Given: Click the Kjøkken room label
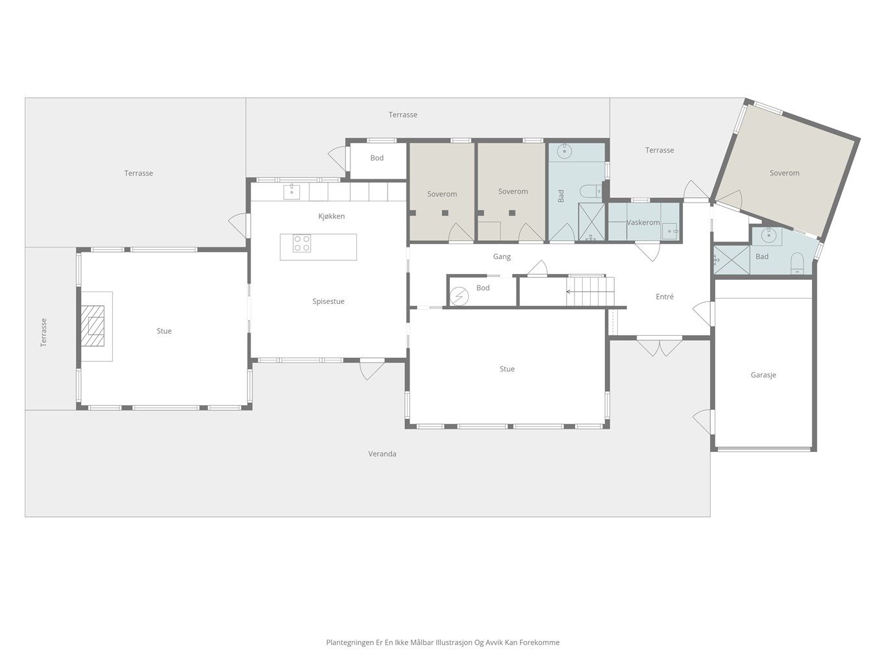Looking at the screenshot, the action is [332, 216].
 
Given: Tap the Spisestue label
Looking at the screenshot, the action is [328, 301].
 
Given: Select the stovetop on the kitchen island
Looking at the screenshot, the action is [302, 243].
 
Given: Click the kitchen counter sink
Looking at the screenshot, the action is [291, 192].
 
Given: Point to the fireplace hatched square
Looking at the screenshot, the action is [92, 326].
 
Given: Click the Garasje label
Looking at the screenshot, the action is [763, 375].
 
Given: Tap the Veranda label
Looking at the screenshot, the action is [382, 454].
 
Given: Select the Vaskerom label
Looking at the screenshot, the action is [643, 223].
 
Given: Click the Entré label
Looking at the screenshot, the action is [665, 297].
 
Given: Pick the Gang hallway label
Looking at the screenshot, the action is [502, 257].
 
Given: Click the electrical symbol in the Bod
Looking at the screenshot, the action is [459, 297].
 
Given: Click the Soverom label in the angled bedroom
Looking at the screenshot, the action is [784, 173].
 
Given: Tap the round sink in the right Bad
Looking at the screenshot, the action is [769, 234].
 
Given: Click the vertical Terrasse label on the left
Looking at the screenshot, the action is [43, 332].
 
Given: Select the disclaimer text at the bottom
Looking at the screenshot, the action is [443, 642].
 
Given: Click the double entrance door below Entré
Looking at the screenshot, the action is [659, 347].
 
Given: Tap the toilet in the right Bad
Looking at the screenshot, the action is [797, 263].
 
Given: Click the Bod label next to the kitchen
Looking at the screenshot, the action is [376, 158].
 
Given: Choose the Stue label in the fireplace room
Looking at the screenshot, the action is [164, 331].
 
